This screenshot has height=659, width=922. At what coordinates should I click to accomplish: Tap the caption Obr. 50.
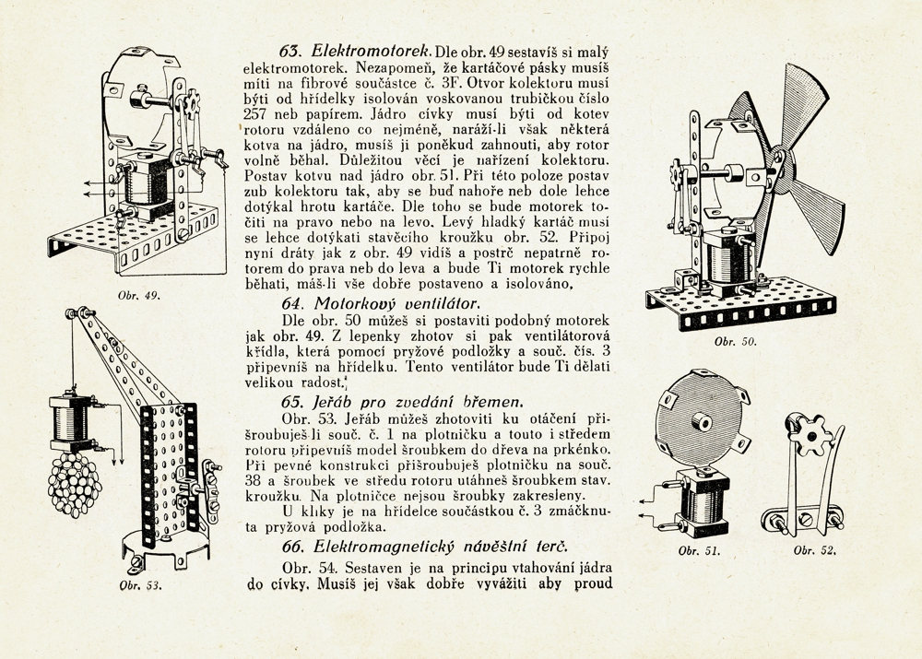point(736,342)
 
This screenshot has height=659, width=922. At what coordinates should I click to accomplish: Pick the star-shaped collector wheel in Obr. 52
point(812,434)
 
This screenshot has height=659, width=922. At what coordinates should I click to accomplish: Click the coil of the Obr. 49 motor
point(146,181)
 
